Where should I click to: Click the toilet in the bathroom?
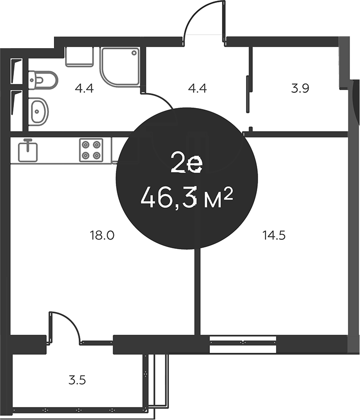tap(43, 79)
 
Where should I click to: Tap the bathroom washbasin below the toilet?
tap(38, 110)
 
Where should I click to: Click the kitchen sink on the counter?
tap(28, 150)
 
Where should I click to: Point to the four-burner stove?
tap(91, 149)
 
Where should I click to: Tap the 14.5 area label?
tap(274, 235)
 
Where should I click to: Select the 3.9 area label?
tap(300, 88)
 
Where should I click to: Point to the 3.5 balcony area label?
tap(77, 380)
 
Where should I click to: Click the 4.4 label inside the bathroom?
tap(83, 88)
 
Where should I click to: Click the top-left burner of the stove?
tap(86, 144)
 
